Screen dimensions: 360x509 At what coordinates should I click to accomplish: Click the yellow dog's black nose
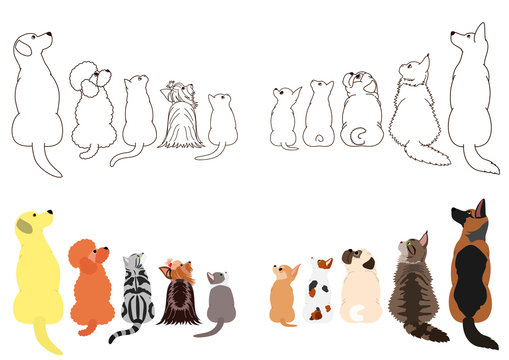click(51, 212)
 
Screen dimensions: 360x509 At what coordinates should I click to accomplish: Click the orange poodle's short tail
click(80, 329)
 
